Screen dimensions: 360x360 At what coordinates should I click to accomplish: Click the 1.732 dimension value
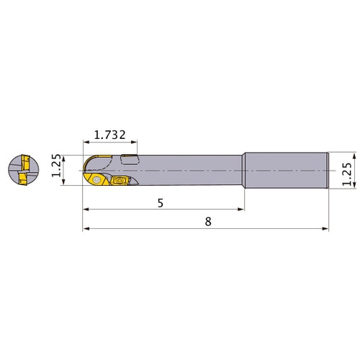coord(109,135)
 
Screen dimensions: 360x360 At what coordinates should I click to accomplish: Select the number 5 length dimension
coord(161,203)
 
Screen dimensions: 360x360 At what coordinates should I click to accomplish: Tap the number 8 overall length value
coord(208,222)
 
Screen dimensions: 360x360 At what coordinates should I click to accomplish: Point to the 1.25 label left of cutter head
coord(57,166)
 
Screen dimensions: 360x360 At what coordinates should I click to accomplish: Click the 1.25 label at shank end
coord(347,174)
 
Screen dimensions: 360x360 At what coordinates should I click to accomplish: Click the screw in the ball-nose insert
coord(96,179)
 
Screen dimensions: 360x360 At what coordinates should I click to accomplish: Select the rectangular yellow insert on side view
coord(120,181)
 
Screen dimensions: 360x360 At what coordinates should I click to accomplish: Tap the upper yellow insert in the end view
coord(25,163)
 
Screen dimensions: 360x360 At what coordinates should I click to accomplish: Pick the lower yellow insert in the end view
coord(23,179)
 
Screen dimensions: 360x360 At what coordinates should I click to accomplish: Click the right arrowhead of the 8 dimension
coord(325,229)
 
